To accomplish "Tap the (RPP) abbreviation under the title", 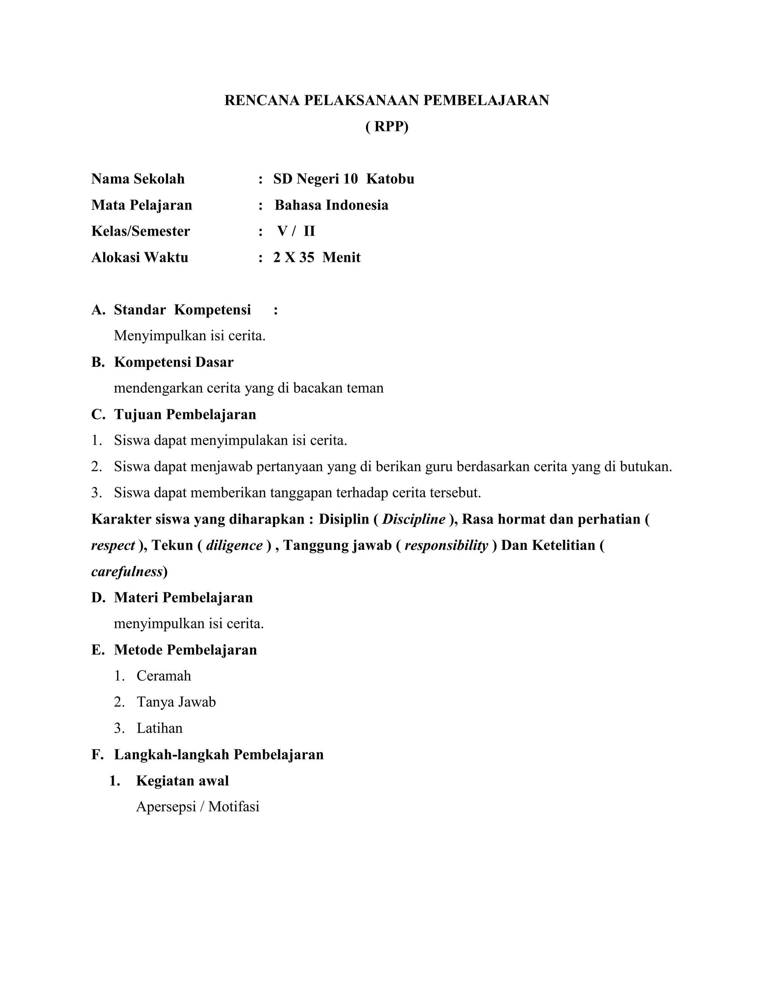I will pyautogui.click(x=387, y=127).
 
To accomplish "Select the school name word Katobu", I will pyautogui.click(x=390, y=179).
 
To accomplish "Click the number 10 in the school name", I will pyautogui.click(x=350, y=179).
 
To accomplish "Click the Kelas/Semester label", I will pyautogui.click(x=140, y=231).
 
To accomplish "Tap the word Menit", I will pyautogui.click(x=341, y=257).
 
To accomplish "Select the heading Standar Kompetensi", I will pyautogui.click(x=182, y=310).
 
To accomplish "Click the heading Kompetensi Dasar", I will pyautogui.click(x=173, y=362).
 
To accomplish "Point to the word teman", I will pyautogui.click(x=365, y=388).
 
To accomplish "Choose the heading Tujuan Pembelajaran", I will pyautogui.click(x=185, y=414).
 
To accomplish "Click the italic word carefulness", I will pyautogui.click(x=127, y=572).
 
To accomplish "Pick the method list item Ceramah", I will pyautogui.click(x=164, y=676).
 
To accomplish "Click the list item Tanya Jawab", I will pyautogui.click(x=176, y=702).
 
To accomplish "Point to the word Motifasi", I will pyautogui.click(x=234, y=807).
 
